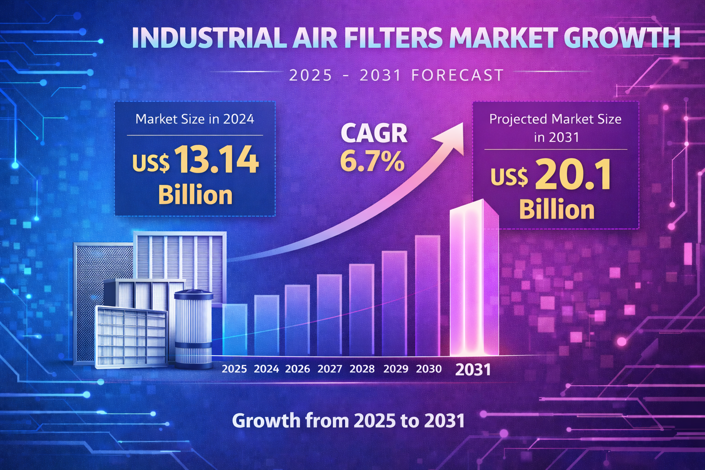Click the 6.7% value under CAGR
tap(372, 161)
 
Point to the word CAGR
tap(374, 134)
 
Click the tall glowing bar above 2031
tap(473, 280)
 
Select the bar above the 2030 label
tap(427, 296)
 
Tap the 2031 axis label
tap(473, 369)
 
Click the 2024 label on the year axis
tap(266, 369)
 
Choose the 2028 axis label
tap(362, 369)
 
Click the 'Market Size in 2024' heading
tap(195, 119)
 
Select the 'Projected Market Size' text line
tap(555, 119)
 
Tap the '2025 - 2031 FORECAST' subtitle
tap(397, 75)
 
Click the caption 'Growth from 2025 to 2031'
tap(348, 420)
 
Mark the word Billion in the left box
tap(196, 195)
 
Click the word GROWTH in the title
tap(622, 38)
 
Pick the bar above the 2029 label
tap(394, 303)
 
